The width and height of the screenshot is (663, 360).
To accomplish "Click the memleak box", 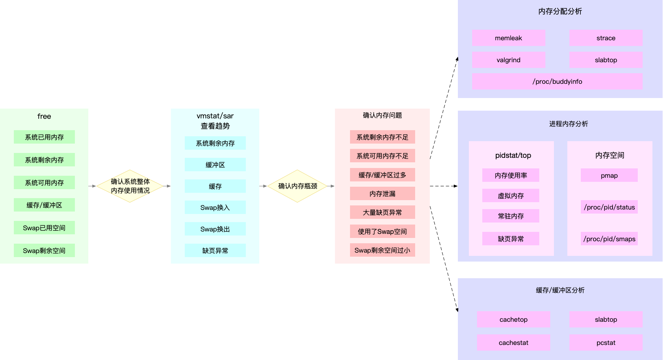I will click(508, 38).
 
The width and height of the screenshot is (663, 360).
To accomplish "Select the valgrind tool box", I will click(508, 60).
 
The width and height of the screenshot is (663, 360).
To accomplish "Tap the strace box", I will click(606, 38).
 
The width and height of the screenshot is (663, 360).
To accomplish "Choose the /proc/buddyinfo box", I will click(557, 81).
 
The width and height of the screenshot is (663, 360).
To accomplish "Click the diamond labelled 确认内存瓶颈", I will click(298, 186).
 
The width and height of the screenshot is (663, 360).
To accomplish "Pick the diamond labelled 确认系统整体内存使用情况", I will click(130, 186).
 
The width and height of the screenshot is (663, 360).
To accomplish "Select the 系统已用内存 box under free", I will click(44, 137).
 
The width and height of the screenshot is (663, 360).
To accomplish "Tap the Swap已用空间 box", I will click(44, 228).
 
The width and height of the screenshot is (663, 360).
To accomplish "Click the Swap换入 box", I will click(215, 207).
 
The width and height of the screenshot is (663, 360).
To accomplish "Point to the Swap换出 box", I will click(215, 229).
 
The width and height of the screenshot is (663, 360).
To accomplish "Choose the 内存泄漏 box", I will click(382, 194).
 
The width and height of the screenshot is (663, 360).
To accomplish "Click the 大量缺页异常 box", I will click(382, 212).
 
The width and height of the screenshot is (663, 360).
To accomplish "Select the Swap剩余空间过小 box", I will click(382, 250).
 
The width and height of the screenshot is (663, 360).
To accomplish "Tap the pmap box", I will click(609, 175).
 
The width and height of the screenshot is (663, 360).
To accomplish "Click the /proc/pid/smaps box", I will click(609, 239).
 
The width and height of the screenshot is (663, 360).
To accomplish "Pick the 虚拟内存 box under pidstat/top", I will click(511, 196).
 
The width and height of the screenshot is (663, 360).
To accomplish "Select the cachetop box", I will click(513, 319).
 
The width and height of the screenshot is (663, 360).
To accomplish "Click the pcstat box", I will click(606, 343).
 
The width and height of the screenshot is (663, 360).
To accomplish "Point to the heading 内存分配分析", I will click(560, 11).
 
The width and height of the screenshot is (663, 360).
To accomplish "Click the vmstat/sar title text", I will click(215, 116).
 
